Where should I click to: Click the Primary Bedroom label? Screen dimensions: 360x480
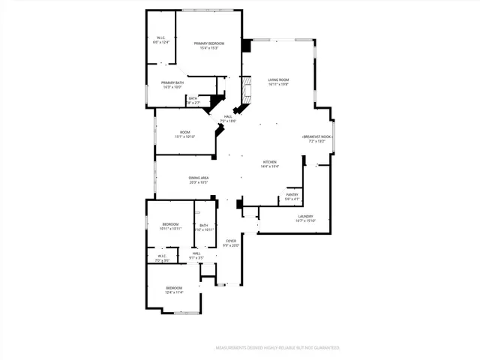(209, 43)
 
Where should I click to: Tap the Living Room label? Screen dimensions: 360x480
(279, 79)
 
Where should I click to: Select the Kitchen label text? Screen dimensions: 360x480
(270, 162)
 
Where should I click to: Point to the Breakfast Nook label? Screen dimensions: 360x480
(317, 136)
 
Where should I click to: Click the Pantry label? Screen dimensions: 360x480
(292, 194)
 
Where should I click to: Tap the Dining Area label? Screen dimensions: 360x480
(199, 178)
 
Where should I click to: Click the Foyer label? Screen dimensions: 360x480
(232, 241)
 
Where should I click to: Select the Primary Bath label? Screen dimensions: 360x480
(172, 82)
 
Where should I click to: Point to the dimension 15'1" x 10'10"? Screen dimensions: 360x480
(184, 137)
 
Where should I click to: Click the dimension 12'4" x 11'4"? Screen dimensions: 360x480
(174, 292)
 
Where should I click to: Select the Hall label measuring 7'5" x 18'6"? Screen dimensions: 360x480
(228, 121)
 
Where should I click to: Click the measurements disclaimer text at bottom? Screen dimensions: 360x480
(277, 348)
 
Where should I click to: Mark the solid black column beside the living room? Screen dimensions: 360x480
(246, 45)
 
